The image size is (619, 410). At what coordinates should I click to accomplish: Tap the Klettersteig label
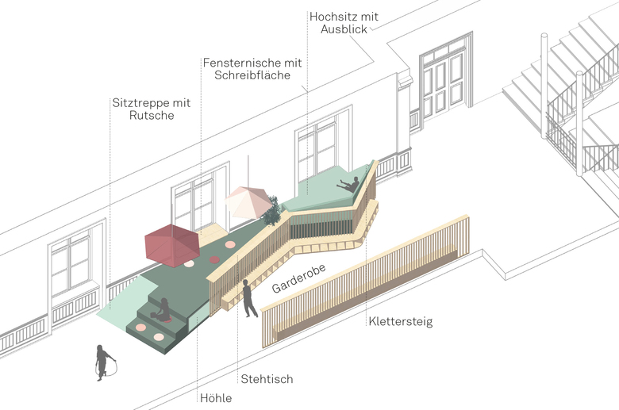[x=401, y=321]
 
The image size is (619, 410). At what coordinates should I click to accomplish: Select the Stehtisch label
[x=267, y=379]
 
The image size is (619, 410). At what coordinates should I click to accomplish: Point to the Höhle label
[x=216, y=398]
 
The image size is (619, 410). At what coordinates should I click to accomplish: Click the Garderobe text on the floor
[x=299, y=278]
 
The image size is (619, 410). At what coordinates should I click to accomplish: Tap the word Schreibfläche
[x=252, y=75]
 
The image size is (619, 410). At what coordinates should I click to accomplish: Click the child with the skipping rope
[x=104, y=362]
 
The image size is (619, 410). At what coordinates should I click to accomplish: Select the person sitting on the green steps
[x=163, y=311]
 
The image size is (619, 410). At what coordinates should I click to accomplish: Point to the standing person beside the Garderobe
[x=248, y=298]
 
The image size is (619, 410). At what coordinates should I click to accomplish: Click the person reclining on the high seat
[x=349, y=185]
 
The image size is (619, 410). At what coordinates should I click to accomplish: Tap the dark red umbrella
[x=172, y=245]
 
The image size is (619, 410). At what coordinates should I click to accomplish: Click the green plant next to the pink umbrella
[x=272, y=211]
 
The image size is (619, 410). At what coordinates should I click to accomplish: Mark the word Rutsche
[x=152, y=115]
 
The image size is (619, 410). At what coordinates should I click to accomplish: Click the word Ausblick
[x=344, y=29]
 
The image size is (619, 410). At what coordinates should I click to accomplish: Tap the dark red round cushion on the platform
[x=214, y=259]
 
